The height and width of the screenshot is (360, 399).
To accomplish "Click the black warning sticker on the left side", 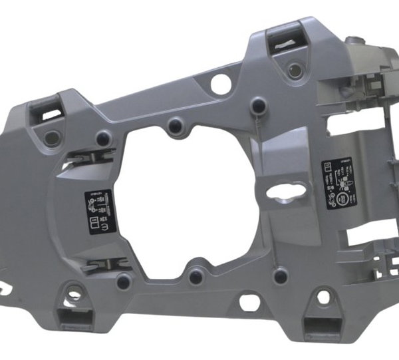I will point(100,212).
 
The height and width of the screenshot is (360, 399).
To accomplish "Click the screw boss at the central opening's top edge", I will point(176,124).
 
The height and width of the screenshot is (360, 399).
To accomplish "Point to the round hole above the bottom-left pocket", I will point(75,291).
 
